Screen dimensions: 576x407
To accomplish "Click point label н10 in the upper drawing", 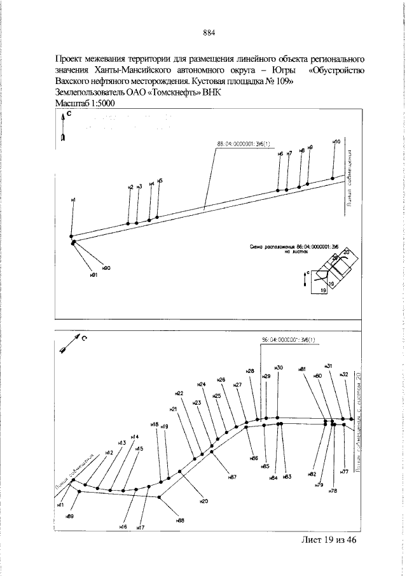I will coord(336,141).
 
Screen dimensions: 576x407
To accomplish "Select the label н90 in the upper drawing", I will coord(106,268).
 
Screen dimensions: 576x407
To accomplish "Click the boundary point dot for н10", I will coord(333,179).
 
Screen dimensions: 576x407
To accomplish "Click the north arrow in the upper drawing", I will coord(63,127).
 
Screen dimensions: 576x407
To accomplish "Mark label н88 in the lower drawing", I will coord(181,520).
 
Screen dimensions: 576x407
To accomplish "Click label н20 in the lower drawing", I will coord(203,501).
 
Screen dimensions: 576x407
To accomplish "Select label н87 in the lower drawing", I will coord(233,477).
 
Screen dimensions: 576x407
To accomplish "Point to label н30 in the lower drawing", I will coord(278,367).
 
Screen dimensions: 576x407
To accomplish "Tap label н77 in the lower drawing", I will coord(344,472).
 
